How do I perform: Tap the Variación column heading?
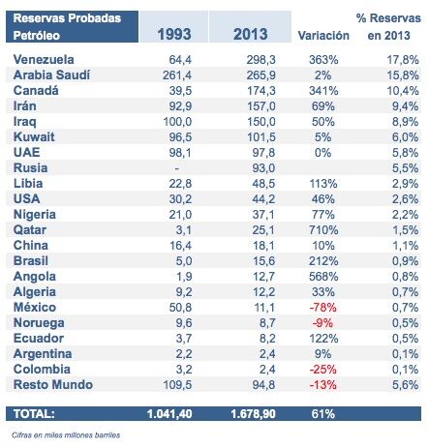pyautogui.click(x=324, y=36)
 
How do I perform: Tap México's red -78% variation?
pyautogui.click(x=324, y=305)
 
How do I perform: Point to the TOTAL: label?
pyautogui.click(x=32, y=413)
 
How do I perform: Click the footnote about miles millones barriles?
pyautogui.click(x=67, y=435)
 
